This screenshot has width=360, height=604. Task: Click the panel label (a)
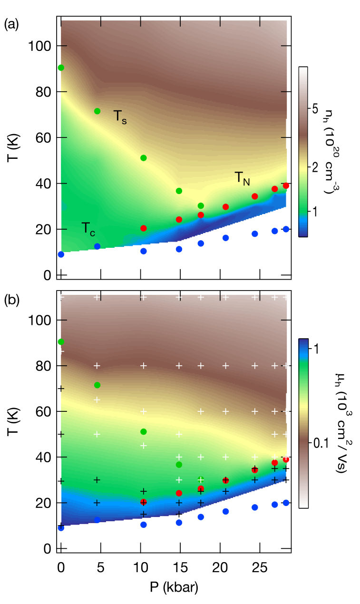coord(11,25)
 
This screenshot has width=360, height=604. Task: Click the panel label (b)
coord(11,300)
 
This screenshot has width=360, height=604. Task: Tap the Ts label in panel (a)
coord(120,117)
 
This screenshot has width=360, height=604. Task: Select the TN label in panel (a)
coord(242,178)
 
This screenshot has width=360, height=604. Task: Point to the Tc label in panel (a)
coord(88,229)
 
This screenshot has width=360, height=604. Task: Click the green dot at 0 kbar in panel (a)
coord(61,68)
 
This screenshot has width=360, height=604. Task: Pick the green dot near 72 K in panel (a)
coord(97,111)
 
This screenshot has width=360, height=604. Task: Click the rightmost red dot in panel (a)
coord(286,186)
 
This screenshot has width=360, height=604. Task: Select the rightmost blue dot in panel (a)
coord(286,229)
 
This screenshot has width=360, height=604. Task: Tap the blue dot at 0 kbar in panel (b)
coord(61,528)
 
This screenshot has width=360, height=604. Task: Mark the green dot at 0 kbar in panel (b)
coord(61,342)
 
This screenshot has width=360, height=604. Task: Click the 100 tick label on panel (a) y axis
coord(39,47)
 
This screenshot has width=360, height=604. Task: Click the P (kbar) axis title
coord(174,587)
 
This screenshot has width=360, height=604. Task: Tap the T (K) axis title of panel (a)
coord(13,147)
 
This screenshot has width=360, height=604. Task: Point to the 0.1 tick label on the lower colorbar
coord(321,443)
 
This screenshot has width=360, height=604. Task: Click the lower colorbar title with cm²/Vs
coord(342,422)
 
